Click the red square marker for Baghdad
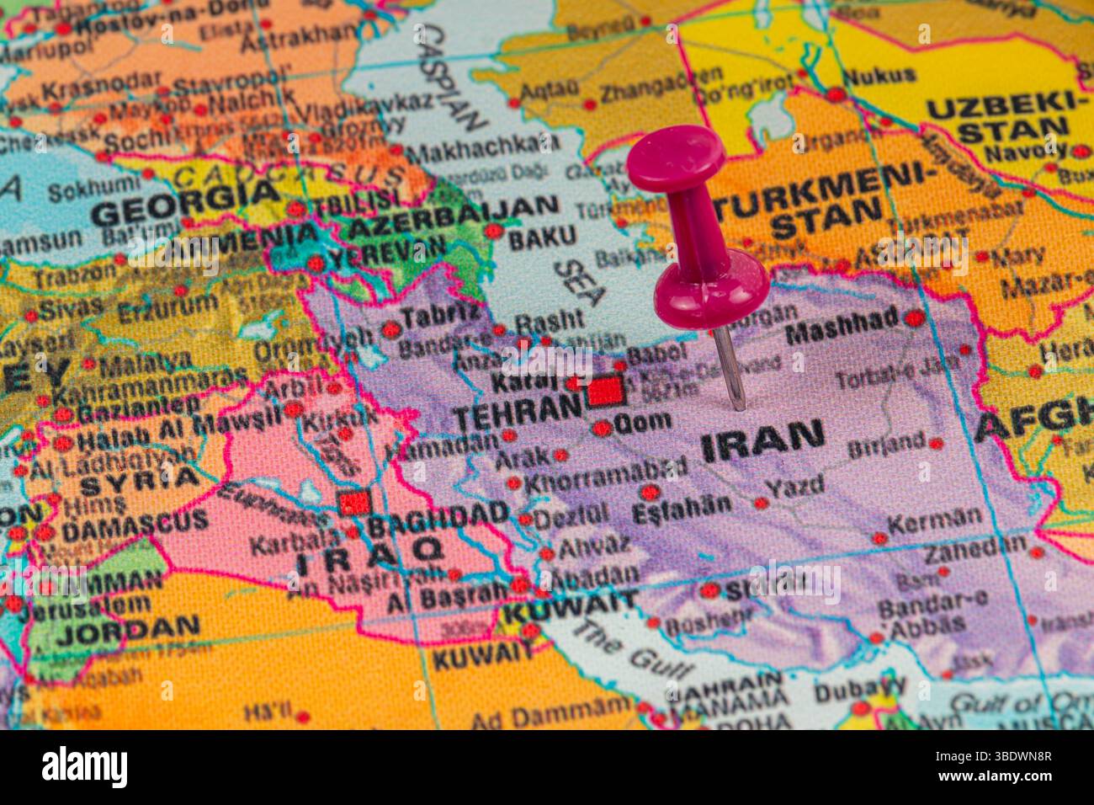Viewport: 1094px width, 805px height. click(x=353, y=502)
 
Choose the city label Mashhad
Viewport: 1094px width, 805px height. click(x=842, y=325)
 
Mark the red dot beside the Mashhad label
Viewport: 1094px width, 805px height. click(x=914, y=318)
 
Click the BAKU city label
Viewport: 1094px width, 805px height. click(x=543, y=237)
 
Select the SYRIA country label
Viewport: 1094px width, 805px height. click(x=139, y=484)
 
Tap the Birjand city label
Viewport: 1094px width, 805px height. click(x=886, y=445)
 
